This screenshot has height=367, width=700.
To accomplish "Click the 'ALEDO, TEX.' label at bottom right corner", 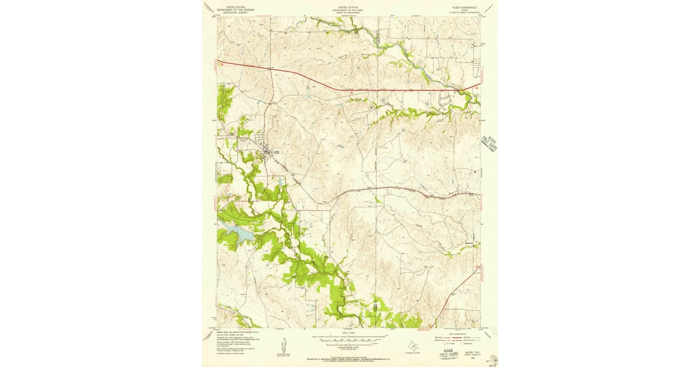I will coord(470,352).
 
